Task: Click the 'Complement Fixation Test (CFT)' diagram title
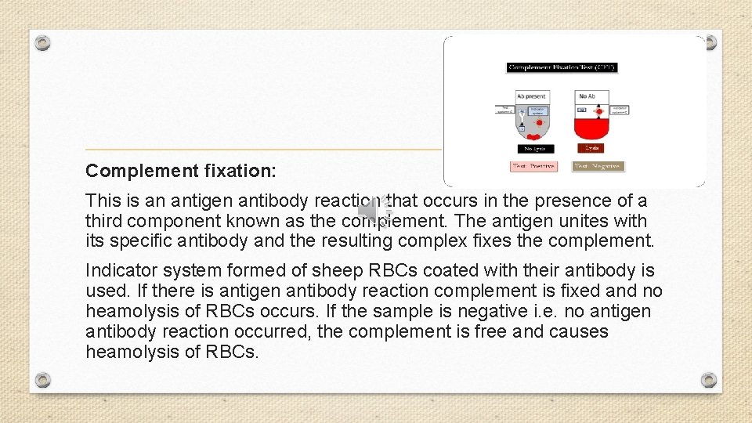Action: [x=562, y=67]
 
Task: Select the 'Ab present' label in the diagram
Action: [x=532, y=96]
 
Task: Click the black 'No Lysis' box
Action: [x=537, y=148]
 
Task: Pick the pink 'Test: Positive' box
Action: [x=533, y=166]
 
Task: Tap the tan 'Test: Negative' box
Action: [x=598, y=166]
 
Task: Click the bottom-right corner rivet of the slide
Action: [x=709, y=380]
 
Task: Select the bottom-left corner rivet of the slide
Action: [x=43, y=380]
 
